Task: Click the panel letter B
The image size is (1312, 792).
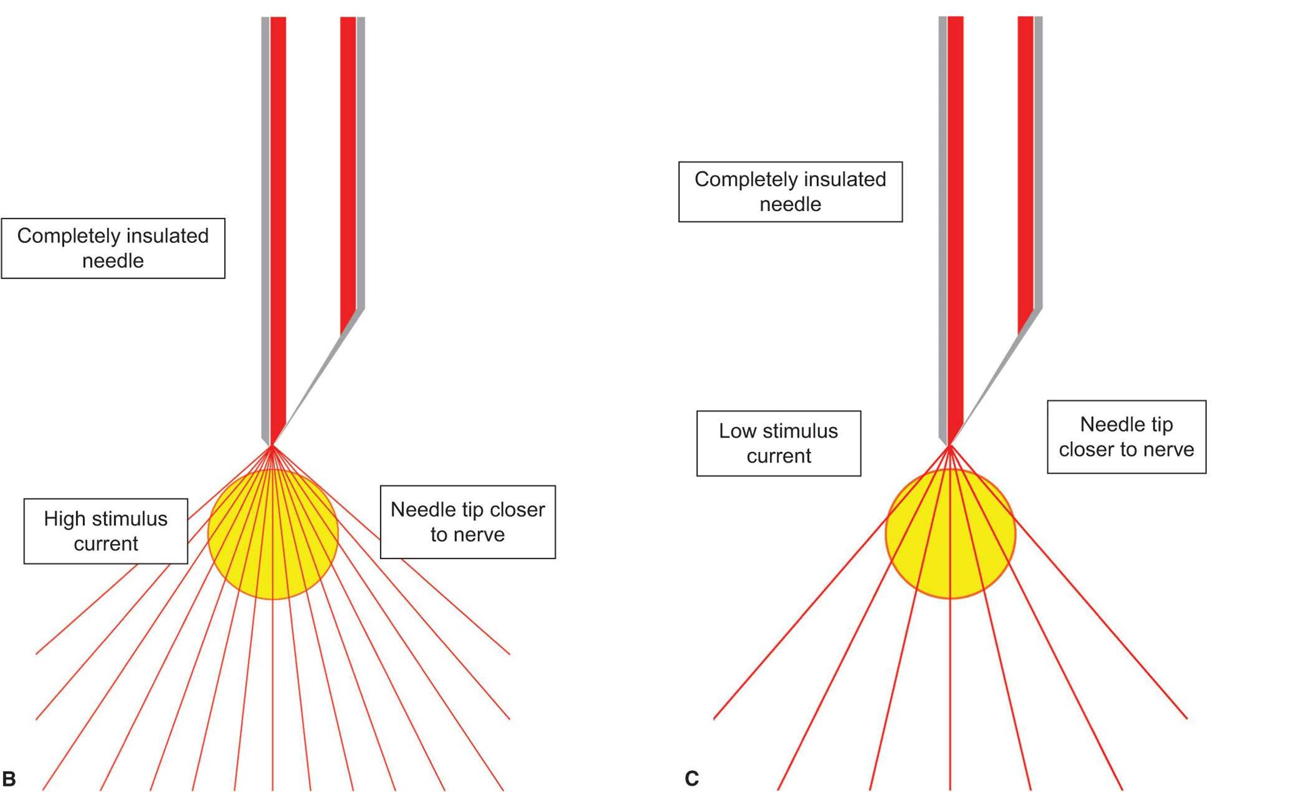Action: tap(9, 779)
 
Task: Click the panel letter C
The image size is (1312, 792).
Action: tap(691, 779)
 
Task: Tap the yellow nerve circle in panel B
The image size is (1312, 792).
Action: tap(273, 534)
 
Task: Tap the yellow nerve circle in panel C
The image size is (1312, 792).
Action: tap(950, 534)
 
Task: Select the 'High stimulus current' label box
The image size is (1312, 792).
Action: tap(106, 530)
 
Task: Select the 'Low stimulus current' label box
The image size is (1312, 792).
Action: tap(778, 443)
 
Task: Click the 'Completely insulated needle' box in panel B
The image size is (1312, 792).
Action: tap(113, 248)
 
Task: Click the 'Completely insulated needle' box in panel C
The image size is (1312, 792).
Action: tap(790, 192)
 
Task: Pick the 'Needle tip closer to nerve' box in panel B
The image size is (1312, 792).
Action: tap(467, 522)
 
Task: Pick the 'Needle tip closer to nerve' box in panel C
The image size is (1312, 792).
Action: tap(1126, 436)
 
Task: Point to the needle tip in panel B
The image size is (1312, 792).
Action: tap(272, 444)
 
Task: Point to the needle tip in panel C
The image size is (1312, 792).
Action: tap(949, 444)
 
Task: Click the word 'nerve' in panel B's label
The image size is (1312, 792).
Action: tap(478, 534)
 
